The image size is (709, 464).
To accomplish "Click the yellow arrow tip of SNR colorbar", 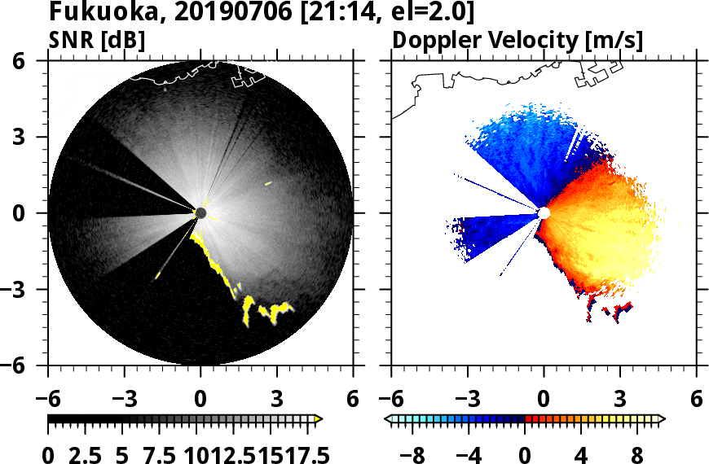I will [319, 419].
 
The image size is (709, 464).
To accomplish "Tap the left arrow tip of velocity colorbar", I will [388, 419].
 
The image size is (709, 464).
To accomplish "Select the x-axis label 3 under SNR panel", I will [277, 399].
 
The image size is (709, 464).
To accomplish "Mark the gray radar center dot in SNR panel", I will [201, 213].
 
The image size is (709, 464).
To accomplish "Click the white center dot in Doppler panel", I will [544, 213].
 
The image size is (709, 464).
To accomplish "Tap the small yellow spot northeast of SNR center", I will [267, 184].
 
